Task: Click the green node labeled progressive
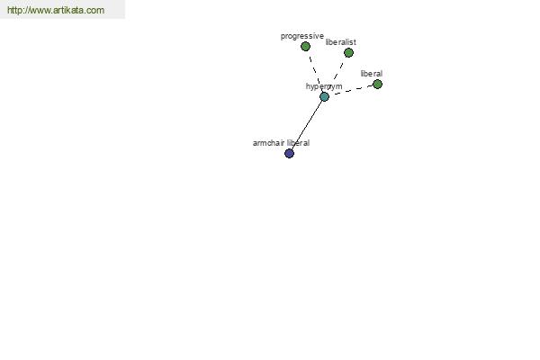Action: (305, 46)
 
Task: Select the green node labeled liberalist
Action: (348, 53)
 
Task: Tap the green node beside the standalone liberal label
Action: (377, 84)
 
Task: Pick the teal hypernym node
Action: (324, 97)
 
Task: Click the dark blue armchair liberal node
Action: (289, 153)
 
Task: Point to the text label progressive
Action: (302, 36)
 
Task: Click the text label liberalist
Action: (340, 42)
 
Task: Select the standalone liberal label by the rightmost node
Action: (371, 74)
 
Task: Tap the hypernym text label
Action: (324, 86)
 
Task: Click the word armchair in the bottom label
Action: (268, 143)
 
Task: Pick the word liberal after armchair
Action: (298, 143)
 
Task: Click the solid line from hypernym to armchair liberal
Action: (307, 125)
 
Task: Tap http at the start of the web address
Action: (13, 10)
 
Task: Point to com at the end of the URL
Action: (95, 10)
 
